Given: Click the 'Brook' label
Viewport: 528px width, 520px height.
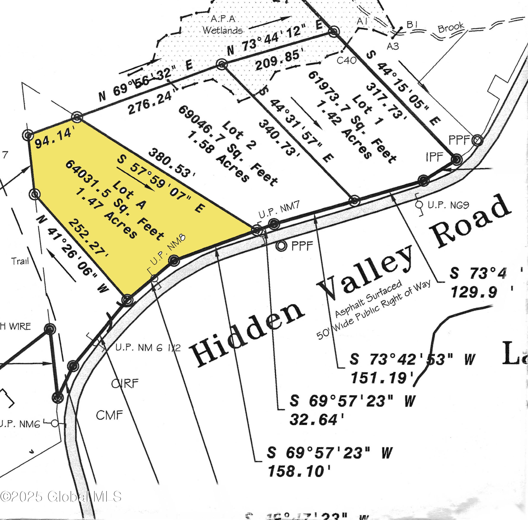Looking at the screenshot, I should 451,27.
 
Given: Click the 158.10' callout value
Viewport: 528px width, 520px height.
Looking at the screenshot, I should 299,471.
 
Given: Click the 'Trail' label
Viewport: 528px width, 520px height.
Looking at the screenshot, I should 20,261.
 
